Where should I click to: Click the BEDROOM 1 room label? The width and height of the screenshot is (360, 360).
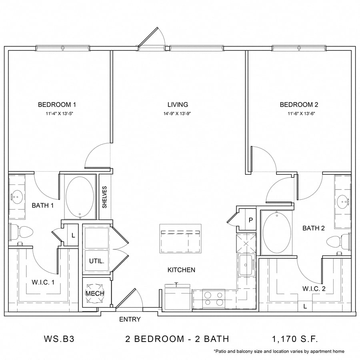[x=57, y=105]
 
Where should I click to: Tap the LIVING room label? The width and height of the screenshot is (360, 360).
[x=178, y=105]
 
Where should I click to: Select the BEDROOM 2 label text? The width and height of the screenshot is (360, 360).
[x=299, y=105]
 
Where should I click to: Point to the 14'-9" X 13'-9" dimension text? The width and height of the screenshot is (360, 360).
[x=178, y=114]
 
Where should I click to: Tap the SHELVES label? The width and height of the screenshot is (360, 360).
[x=105, y=197]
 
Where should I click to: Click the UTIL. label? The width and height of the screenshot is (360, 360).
[x=96, y=261]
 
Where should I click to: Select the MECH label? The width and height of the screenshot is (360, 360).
[x=95, y=293]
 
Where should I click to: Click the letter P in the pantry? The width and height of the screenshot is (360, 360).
[x=251, y=220]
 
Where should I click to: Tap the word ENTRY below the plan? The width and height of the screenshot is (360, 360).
[x=130, y=319]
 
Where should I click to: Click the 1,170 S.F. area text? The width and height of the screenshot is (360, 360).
[x=295, y=339]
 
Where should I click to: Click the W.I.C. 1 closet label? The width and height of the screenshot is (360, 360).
[x=43, y=282]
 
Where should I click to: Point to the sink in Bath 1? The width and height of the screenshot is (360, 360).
[x=17, y=197]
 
